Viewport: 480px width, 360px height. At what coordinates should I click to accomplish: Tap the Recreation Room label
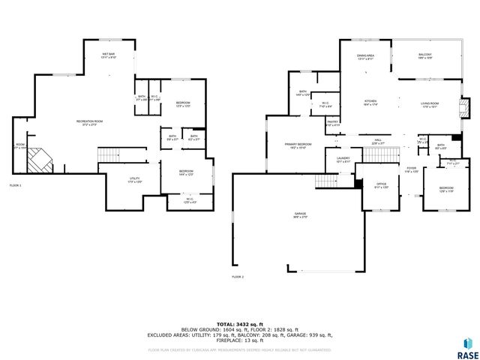[x=89, y=122]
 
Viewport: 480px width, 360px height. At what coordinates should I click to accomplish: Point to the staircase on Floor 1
[x=109, y=154]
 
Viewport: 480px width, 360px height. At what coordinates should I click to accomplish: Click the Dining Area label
[x=366, y=56]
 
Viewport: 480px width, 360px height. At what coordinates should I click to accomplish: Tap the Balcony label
[x=425, y=56]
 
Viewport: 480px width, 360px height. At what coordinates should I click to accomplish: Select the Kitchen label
[x=370, y=103]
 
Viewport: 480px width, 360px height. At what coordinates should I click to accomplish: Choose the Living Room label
[x=429, y=106]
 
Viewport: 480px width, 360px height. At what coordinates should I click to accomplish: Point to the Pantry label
[x=331, y=124]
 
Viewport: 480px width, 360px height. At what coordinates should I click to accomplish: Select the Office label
[x=382, y=185]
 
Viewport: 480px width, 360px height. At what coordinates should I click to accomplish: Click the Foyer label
[x=411, y=169]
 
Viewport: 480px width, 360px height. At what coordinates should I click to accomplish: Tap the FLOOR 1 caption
[x=16, y=185]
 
